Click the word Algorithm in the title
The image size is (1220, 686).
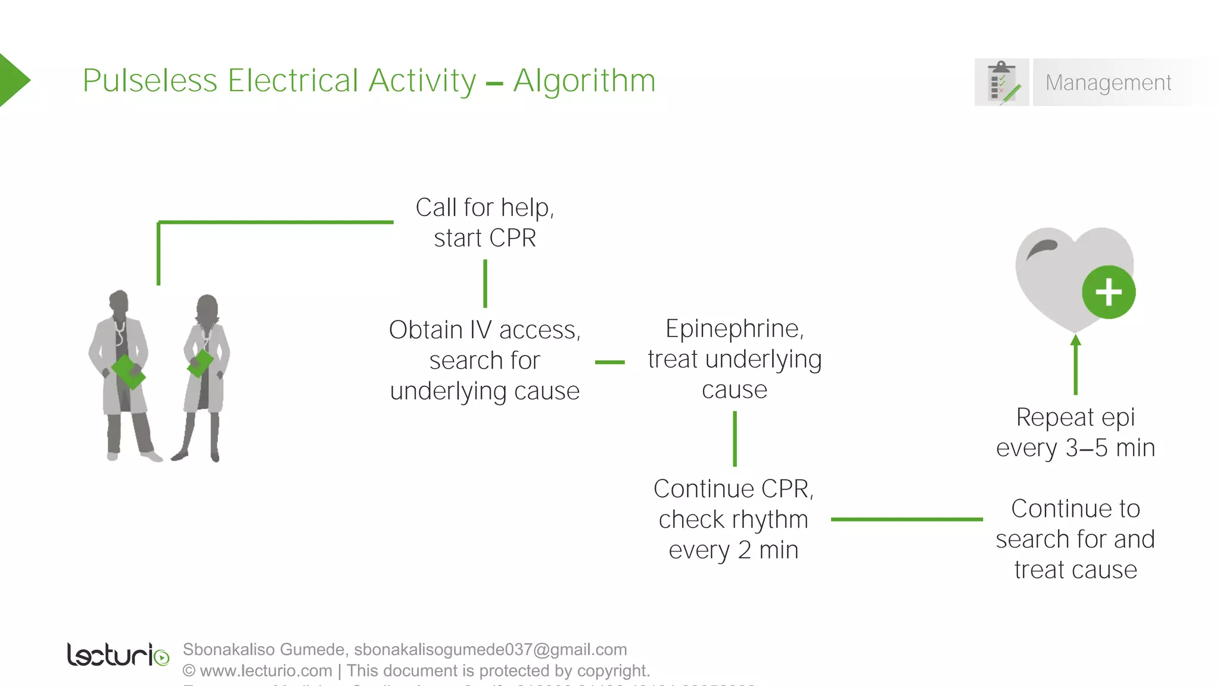pos(584,81)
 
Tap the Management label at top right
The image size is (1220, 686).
pos(1108,83)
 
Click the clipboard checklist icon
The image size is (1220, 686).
pos(1002,82)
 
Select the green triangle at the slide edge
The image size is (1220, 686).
pos(13,80)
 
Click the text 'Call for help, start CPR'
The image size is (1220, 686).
pos(484,223)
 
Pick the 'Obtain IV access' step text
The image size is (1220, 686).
pos(484,330)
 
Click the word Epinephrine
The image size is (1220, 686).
pos(734,329)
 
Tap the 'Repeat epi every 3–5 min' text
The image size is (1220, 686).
pos(1075,432)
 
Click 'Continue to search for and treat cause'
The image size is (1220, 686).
pos(1075,539)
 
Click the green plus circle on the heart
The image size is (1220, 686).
pos(1109,292)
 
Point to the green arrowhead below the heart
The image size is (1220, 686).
pos(1075,341)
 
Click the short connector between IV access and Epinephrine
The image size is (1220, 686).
pos(609,362)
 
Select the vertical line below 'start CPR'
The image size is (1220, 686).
pos(485,283)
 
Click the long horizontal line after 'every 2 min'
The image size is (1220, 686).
pos(906,519)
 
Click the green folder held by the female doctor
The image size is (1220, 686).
pos(201,363)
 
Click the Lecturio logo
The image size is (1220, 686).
pos(117,654)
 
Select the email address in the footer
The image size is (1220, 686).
pos(490,649)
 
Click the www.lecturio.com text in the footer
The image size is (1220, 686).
pos(266,671)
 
